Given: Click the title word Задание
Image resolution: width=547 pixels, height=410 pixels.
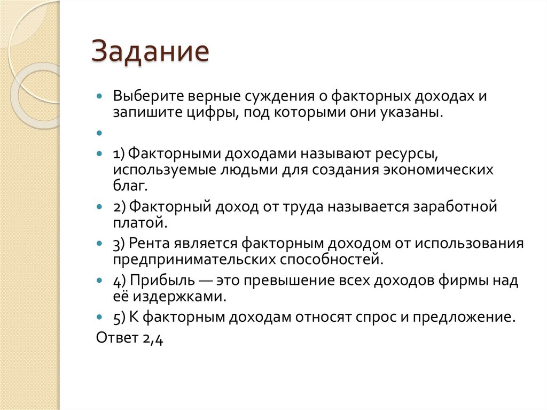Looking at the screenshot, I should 150,53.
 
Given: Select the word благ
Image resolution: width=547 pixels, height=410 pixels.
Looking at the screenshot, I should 129,186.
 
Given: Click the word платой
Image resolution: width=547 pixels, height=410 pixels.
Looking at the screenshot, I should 132,222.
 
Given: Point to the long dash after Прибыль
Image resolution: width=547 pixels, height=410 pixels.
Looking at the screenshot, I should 201,280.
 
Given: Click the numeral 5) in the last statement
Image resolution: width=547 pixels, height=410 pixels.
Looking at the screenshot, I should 119,317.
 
